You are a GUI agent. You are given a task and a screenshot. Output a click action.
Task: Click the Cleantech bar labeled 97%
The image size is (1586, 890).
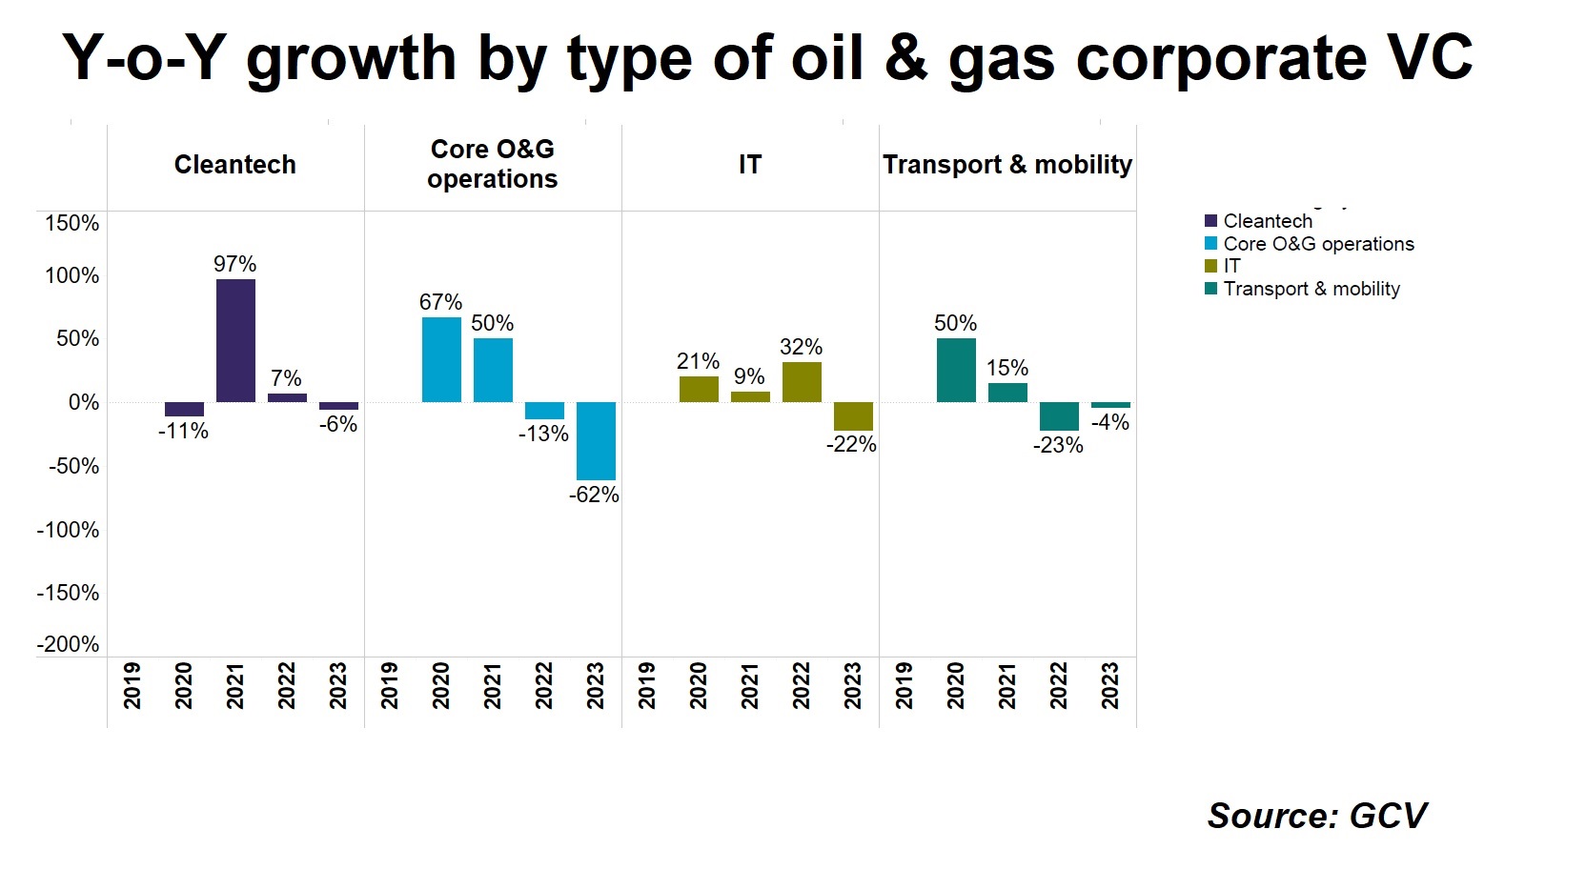click(235, 340)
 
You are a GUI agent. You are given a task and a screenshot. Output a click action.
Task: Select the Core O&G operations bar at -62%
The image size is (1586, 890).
click(596, 441)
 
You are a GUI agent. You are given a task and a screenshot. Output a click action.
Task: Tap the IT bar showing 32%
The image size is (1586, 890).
click(802, 382)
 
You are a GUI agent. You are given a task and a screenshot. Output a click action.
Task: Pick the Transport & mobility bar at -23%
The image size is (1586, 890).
click(1059, 416)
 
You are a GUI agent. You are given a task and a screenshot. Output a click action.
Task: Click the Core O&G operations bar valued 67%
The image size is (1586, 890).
click(441, 359)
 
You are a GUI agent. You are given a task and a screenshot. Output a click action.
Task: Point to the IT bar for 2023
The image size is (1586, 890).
click(853, 416)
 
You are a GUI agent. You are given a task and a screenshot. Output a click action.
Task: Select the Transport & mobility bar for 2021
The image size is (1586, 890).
click(1007, 393)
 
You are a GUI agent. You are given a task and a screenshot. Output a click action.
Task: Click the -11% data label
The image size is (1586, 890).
click(183, 432)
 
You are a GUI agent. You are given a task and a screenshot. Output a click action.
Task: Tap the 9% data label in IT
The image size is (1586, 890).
click(749, 376)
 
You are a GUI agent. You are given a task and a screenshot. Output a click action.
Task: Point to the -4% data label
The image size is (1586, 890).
click(1110, 423)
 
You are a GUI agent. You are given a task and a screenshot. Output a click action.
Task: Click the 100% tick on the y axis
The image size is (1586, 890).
click(72, 275)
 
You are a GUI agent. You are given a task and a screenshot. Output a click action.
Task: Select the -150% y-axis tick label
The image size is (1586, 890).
click(68, 593)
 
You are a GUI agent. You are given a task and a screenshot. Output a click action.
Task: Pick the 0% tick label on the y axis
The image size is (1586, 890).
click(84, 403)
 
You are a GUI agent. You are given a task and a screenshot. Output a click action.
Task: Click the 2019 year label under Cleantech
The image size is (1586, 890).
click(132, 686)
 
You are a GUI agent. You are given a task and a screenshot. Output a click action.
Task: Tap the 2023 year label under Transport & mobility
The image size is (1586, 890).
click(1110, 686)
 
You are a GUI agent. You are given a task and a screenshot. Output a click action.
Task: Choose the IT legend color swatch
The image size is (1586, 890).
click(1210, 266)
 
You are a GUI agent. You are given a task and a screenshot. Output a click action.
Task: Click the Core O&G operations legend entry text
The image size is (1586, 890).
click(1318, 244)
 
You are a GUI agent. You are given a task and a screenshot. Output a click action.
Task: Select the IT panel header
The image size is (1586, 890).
click(750, 165)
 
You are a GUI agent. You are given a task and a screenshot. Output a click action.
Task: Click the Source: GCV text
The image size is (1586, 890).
click(1317, 816)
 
